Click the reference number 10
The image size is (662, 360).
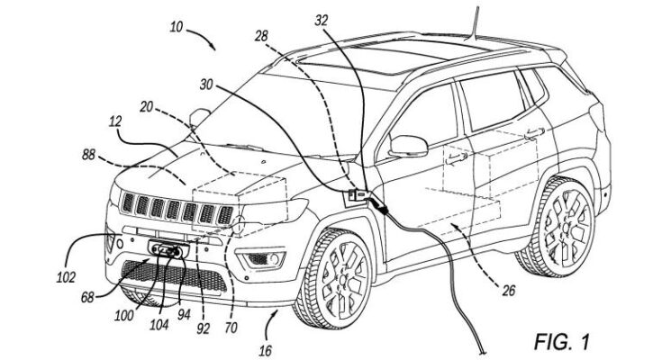tap(176, 27)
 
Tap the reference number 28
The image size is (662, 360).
tap(261, 35)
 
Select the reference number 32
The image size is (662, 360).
tap(322, 21)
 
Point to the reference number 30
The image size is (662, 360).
tap(206, 85)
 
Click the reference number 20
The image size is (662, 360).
tap(146, 107)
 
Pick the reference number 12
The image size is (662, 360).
tap(115, 121)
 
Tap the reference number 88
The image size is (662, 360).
tap(88, 155)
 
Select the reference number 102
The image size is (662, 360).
tap(66, 277)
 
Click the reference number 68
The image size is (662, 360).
tap(87, 298)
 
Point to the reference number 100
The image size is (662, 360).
tap(124, 315)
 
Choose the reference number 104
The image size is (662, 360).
tap(159, 324)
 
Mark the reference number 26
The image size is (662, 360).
tap(509, 291)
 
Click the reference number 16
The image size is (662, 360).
tap(265, 350)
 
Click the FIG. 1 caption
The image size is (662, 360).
tap(561, 341)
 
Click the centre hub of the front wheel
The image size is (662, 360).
tap(343, 279)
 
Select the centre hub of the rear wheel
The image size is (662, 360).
tap(567, 227)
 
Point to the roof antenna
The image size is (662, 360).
tap(475, 23)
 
